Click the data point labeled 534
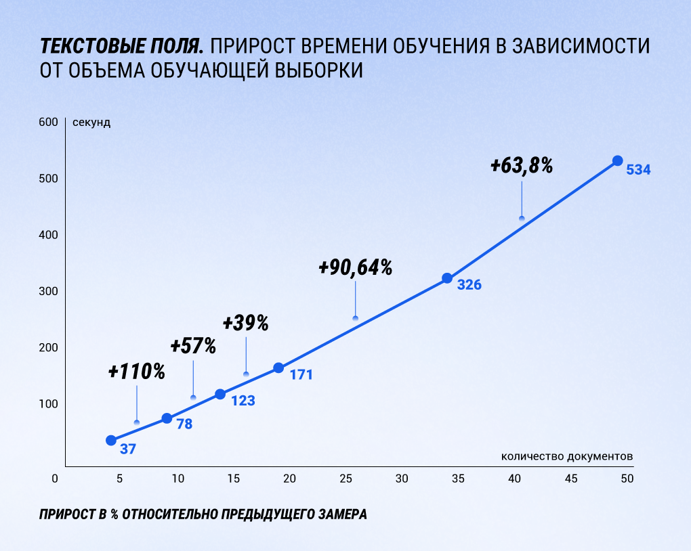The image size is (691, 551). tap(617, 160)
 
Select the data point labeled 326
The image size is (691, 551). tap(447, 278)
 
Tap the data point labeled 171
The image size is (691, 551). tap(278, 368)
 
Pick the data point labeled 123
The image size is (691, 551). tap(220, 394)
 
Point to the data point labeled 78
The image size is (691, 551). tap(167, 418)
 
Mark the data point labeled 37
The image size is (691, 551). tap(111, 440)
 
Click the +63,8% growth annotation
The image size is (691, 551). tap(522, 165)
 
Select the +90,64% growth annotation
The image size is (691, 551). tap(356, 267)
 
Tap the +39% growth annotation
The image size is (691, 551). tap(245, 323)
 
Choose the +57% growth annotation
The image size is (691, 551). tap(193, 347)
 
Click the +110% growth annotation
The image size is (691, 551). tap(137, 371)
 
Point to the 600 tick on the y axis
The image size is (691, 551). tap(47, 122)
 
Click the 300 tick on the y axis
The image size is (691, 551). tap(47, 291)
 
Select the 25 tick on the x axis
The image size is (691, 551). tap(345, 479)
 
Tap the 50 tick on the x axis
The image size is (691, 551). tap(627, 479)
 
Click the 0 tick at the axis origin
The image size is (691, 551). tap(55, 479)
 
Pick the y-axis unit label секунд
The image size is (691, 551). tap(91, 123)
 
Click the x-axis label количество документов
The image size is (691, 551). tap(567, 456)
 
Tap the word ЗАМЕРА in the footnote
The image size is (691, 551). tap(342, 514)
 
